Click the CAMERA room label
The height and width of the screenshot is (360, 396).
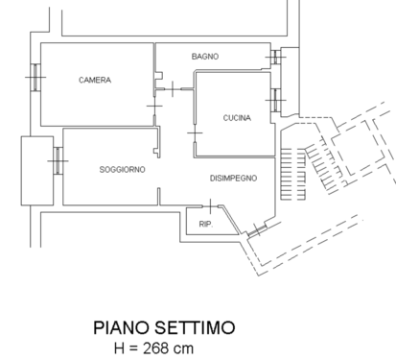coord(95,80)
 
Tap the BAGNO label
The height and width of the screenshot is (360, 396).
coord(205,57)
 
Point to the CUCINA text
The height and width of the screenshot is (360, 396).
coord(237,118)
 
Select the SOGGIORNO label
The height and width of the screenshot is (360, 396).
coord(122,170)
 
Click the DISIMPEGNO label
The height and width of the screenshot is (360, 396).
coord(233,179)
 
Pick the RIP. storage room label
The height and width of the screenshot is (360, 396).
coord(206,225)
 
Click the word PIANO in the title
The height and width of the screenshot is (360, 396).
coord(122,328)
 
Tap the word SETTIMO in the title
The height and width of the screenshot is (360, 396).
coord(195,328)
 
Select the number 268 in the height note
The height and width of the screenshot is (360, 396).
coord(156,348)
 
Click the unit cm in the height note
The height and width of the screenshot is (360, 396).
coord(184,349)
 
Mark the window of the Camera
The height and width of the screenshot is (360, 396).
coord(35,77)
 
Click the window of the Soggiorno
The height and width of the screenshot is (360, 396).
coord(58,160)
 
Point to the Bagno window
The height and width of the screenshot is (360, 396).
coord(275,57)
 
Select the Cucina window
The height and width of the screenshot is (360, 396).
coord(275,100)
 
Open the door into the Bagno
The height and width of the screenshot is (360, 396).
coord(173,89)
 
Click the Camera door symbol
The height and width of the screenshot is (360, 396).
coord(154,106)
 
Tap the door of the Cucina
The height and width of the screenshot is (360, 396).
coord(195,132)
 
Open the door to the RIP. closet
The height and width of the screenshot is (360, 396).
coord(210,206)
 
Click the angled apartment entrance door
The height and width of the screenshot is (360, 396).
coord(257,230)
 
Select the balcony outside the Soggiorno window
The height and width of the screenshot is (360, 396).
coord(37,171)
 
